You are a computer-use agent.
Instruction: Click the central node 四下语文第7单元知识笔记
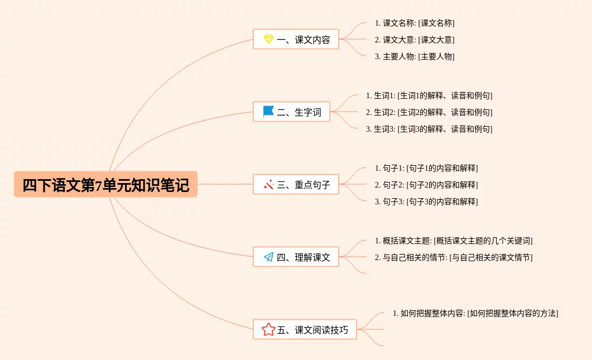[x=105, y=185]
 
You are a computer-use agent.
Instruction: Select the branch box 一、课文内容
[x=296, y=40]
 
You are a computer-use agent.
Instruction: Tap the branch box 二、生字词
[x=291, y=112]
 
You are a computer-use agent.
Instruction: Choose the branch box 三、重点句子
[x=296, y=185]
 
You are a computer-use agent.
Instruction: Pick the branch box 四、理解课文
[x=296, y=257]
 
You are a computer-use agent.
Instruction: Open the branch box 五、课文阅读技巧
[x=305, y=330]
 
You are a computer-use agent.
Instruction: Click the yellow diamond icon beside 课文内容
[x=268, y=40]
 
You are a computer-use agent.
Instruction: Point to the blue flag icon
[x=268, y=112]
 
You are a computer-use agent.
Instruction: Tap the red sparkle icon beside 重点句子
[x=268, y=184]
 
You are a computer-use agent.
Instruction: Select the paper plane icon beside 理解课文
[x=268, y=257]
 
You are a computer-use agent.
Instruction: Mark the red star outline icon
[x=268, y=330]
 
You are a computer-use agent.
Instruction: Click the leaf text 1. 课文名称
[x=415, y=23]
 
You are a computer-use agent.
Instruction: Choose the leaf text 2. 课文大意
[x=415, y=40]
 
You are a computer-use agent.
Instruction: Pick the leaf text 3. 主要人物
[x=415, y=57]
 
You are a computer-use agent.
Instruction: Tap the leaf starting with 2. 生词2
[x=429, y=113]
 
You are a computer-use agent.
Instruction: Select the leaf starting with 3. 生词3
[x=429, y=129]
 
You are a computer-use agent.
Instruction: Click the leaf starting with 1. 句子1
[x=426, y=169]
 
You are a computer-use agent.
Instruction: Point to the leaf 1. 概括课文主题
[x=454, y=241]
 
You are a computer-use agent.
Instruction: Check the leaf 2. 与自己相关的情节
[x=454, y=258]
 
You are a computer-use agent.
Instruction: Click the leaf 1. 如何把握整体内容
[x=475, y=314]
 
